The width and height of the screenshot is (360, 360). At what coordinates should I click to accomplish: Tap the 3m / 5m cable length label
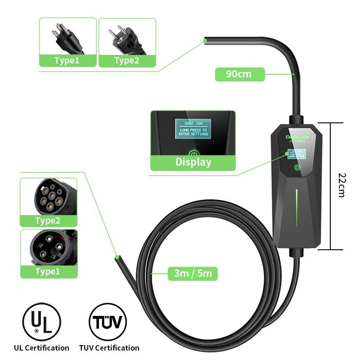tap(193, 273)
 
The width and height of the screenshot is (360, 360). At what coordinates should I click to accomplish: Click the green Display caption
tap(193, 162)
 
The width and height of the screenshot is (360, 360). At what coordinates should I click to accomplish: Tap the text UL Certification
tap(41, 348)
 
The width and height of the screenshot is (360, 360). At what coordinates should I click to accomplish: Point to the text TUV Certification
tap(109, 348)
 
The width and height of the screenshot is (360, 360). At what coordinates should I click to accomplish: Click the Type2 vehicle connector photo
tap(49, 197)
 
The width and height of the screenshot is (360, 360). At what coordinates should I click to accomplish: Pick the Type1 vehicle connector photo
tap(49, 247)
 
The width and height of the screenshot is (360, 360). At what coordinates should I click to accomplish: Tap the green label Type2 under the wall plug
tap(127, 61)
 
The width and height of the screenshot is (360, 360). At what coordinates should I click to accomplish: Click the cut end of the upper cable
tap(205, 41)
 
